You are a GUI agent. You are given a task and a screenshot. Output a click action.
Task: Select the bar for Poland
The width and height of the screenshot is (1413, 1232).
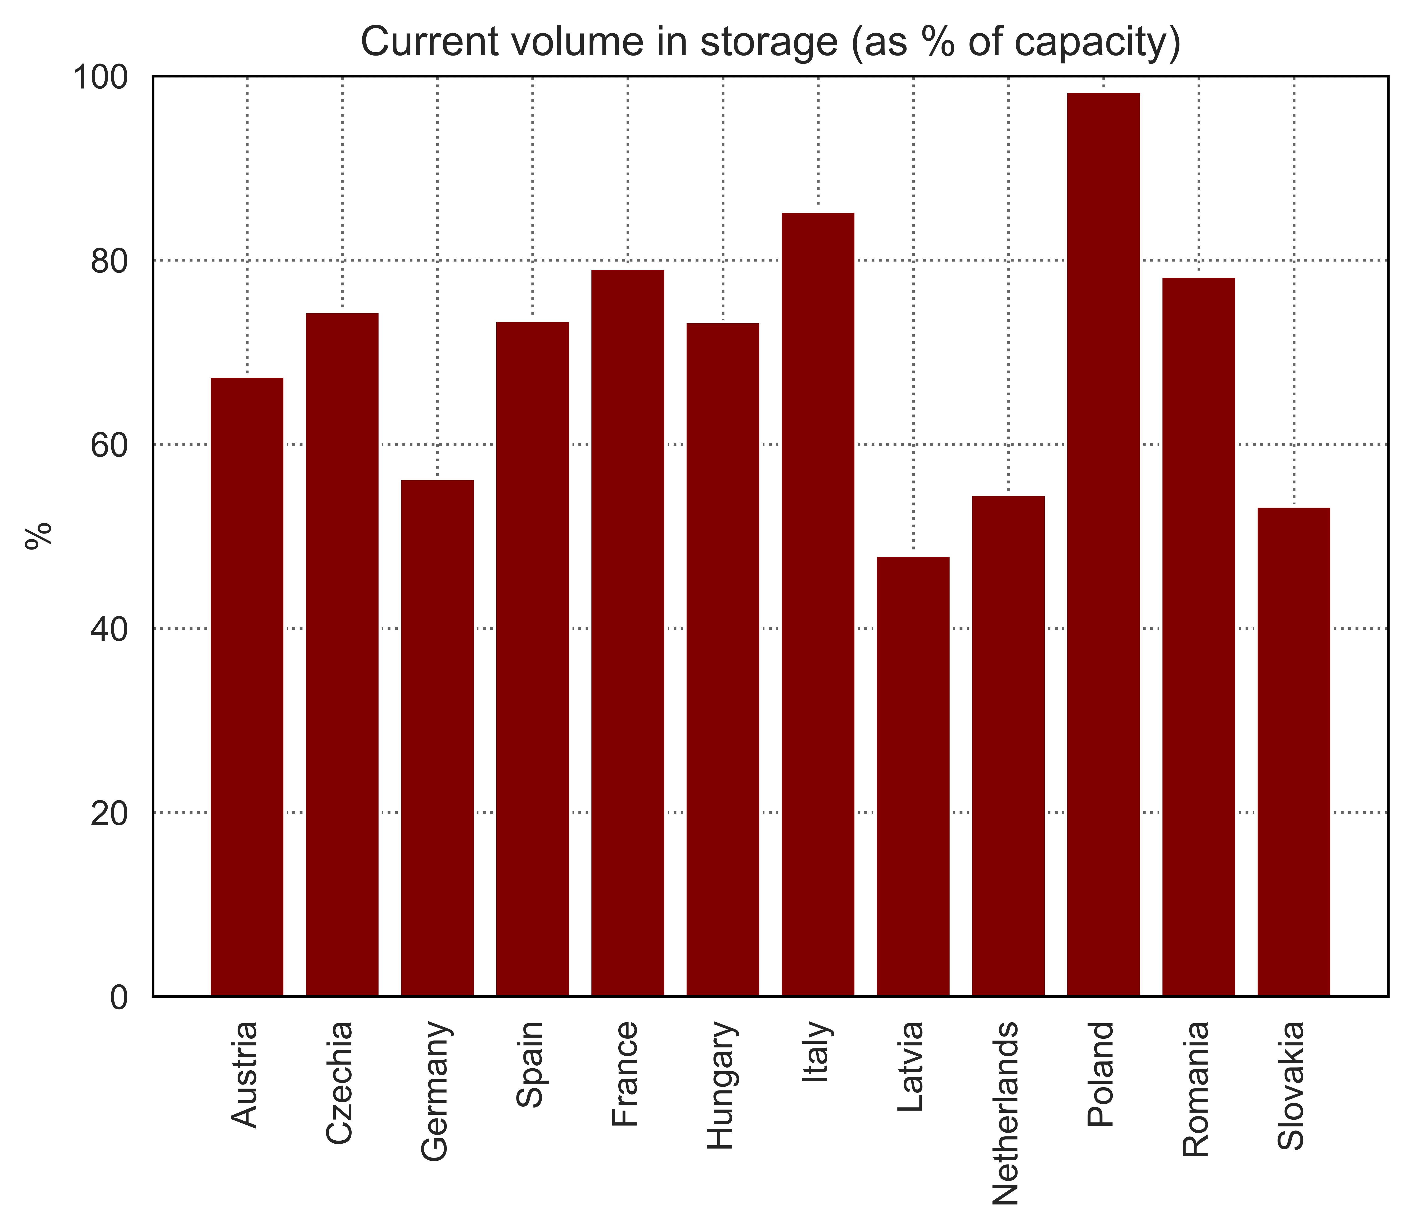click(x=1103, y=544)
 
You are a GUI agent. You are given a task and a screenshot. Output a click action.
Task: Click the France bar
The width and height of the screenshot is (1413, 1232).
click(x=628, y=632)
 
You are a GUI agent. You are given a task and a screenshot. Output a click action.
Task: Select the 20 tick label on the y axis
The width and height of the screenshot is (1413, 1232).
click(x=109, y=813)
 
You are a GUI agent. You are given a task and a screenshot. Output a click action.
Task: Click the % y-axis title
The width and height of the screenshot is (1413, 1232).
click(x=39, y=536)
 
